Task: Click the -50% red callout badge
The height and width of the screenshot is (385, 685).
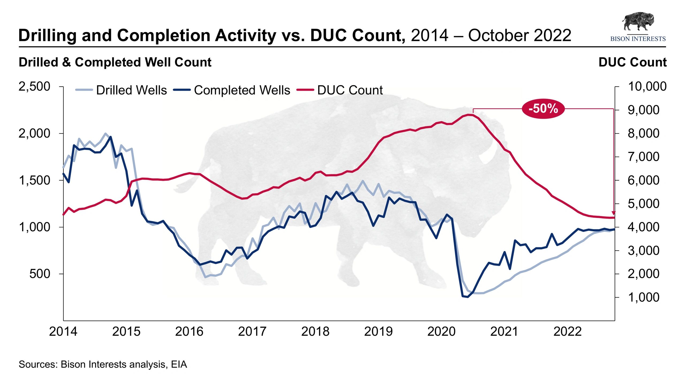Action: pyautogui.click(x=543, y=109)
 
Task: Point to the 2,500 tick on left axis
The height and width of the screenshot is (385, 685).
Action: pyautogui.click(x=34, y=86)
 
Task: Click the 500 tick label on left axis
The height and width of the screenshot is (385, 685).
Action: pyautogui.click(x=40, y=274)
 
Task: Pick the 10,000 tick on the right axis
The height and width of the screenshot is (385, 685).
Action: pyautogui.click(x=647, y=86)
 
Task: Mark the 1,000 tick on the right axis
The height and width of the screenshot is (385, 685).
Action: pyautogui.click(x=643, y=297)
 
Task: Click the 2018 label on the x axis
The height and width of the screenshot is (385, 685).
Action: pyautogui.click(x=315, y=332)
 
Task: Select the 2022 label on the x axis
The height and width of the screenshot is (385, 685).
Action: pyautogui.click(x=567, y=332)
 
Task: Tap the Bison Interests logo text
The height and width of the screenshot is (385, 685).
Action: pyautogui.click(x=638, y=39)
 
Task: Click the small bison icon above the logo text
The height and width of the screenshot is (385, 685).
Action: pyautogui.click(x=638, y=21)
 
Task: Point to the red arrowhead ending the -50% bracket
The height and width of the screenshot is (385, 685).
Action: pyautogui.click(x=614, y=213)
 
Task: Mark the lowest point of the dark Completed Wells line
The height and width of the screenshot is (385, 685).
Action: pyautogui.click(x=467, y=297)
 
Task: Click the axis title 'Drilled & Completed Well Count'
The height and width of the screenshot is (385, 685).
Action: pyautogui.click(x=115, y=62)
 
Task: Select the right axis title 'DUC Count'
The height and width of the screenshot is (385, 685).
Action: pyautogui.click(x=632, y=62)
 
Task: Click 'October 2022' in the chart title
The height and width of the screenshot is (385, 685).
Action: pyautogui.click(x=519, y=35)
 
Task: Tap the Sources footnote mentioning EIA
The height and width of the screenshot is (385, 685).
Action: pyautogui.click(x=103, y=364)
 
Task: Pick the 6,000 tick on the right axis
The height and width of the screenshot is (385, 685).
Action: pyautogui.click(x=643, y=180)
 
